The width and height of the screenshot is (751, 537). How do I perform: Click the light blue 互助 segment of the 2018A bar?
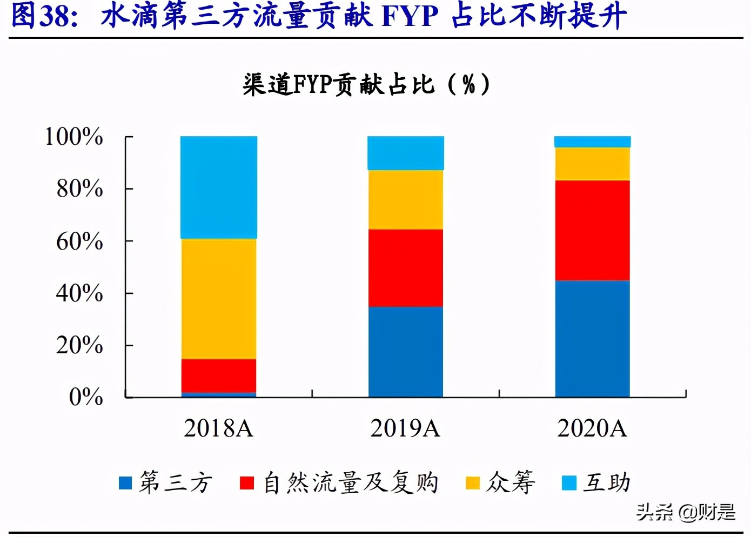click(x=219, y=187)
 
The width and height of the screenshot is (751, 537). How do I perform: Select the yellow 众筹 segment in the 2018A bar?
click(x=219, y=299)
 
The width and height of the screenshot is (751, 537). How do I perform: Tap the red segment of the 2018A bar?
click(x=219, y=375)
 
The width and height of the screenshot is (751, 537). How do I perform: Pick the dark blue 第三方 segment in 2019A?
click(x=406, y=352)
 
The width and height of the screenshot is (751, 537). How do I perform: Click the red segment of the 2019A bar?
click(x=406, y=268)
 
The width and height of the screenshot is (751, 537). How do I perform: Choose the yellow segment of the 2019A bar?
click(x=406, y=200)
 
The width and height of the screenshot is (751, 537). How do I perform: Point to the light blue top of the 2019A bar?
click(x=406, y=153)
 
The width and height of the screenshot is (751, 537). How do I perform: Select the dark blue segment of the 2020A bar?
click(x=593, y=339)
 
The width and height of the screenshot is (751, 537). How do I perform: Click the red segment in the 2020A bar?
click(x=593, y=230)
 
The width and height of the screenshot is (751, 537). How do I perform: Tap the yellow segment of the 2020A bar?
click(x=593, y=164)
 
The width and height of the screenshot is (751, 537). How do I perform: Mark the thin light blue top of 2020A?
click(x=593, y=142)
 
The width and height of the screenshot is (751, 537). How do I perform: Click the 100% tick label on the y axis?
click(x=73, y=137)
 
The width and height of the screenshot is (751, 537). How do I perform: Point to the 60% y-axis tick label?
click(x=79, y=241)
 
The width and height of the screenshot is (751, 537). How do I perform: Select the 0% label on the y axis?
click(x=86, y=397)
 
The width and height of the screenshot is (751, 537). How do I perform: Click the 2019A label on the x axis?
click(x=405, y=428)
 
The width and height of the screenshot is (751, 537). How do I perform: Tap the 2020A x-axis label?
click(x=592, y=428)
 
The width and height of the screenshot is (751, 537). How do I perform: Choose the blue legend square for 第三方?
click(x=125, y=483)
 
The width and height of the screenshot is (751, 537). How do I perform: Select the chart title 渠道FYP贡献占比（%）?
click(x=367, y=85)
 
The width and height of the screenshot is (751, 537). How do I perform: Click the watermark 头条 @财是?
click(x=686, y=512)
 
